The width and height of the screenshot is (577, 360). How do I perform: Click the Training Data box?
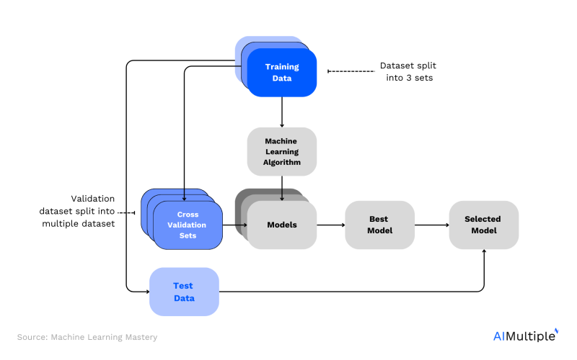281,73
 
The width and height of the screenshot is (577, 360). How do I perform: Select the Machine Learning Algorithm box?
281,152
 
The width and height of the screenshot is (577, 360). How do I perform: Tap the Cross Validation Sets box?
188,225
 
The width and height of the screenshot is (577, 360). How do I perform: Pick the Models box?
281,225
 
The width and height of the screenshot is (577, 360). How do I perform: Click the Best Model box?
379,225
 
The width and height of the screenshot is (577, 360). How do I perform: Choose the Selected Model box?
483,225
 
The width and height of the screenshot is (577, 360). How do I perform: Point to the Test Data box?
183,291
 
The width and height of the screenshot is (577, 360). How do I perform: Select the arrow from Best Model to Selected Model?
431,225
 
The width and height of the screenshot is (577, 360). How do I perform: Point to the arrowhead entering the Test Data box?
146,291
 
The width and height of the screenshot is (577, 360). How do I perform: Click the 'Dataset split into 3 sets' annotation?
406,71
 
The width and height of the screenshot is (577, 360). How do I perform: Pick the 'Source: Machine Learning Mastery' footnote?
87,336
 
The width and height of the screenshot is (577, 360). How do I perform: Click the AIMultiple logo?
525,336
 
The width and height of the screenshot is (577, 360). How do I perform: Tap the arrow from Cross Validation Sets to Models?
234,225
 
